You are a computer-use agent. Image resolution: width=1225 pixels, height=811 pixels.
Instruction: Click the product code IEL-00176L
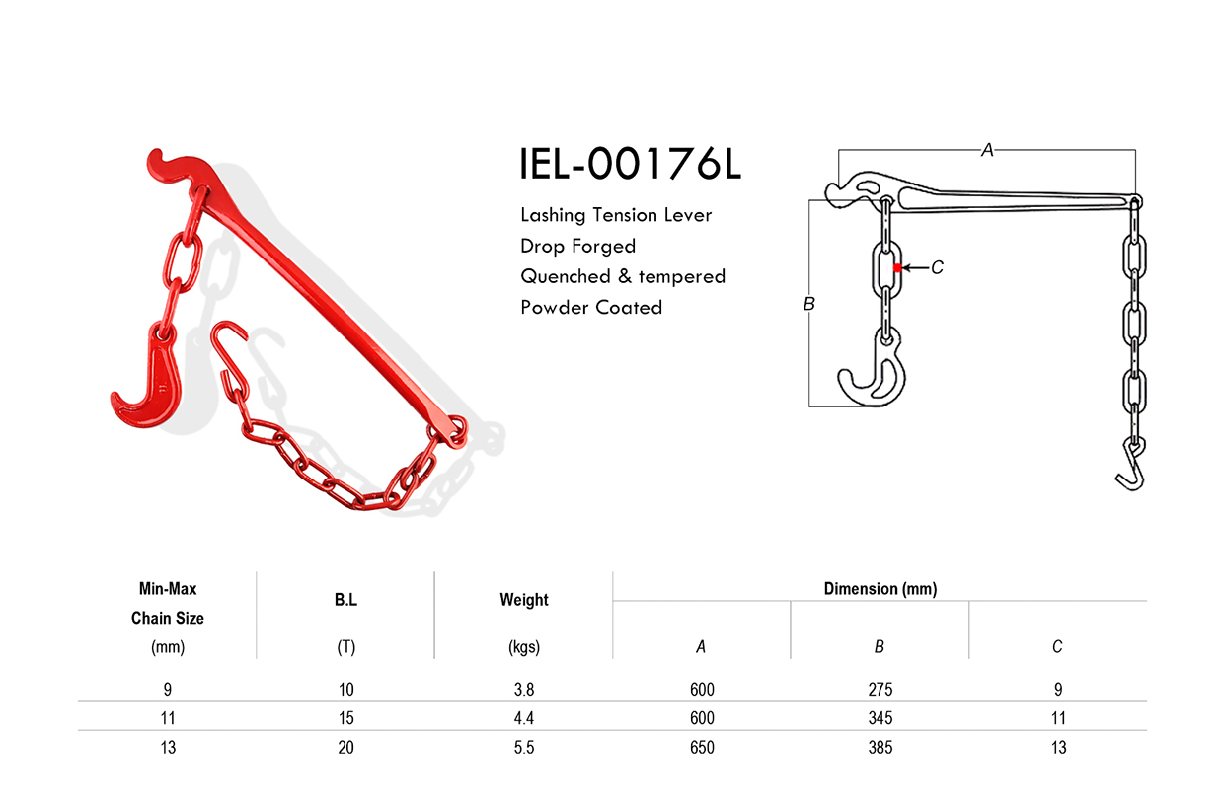[x=630, y=165]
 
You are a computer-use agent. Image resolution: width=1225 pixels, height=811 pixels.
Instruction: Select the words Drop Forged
[x=577, y=246]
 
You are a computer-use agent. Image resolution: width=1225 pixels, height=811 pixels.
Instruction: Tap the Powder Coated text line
[x=590, y=307]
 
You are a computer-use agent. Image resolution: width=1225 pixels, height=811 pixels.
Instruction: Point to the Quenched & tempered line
[x=622, y=276]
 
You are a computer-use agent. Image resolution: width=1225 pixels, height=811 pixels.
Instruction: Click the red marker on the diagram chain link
[x=896, y=267]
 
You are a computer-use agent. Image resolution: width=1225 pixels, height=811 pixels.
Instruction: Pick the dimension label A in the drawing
[x=986, y=150]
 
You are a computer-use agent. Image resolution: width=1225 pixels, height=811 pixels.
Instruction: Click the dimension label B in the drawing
[x=808, y=304]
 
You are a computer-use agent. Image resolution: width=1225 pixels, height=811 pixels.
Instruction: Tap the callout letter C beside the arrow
[x=937, y=267]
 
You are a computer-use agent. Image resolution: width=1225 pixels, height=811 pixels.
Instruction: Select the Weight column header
[x=523, y=600]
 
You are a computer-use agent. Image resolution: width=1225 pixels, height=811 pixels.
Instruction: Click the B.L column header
[x=345, y=600]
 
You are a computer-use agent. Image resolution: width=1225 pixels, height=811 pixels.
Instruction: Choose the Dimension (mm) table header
[x=880, y=589]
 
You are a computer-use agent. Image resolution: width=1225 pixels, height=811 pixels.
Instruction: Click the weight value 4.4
[x=523, y=718]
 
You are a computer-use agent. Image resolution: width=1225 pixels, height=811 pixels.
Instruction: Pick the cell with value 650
[x=702, y=748]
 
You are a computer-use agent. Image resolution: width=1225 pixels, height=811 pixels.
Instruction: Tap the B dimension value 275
[x=880, y=690]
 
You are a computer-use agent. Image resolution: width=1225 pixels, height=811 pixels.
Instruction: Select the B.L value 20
[x=345, y=748]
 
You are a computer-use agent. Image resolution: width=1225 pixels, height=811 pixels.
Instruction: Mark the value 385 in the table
[x=880, y=748]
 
